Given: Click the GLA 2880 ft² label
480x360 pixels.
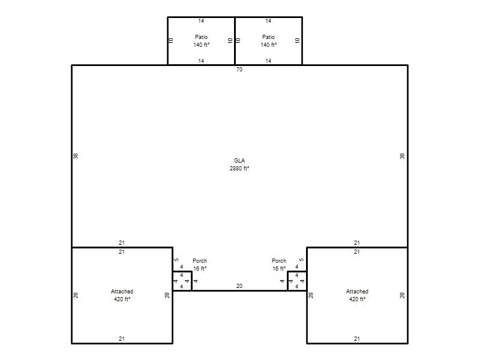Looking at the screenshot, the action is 239,164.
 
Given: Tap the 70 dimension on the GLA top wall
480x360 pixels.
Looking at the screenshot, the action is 239,70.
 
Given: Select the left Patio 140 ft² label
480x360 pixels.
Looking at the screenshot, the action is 201,41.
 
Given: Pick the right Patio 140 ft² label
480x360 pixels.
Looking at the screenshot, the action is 268,41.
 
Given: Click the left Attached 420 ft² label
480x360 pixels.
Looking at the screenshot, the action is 122,295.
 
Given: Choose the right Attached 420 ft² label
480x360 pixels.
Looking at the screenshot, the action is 357,295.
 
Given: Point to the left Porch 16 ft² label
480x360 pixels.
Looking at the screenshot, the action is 200,265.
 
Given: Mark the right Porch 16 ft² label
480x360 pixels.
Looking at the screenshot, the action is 279,265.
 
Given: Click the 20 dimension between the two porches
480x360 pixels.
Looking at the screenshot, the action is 239,286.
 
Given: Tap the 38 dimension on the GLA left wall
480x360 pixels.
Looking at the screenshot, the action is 76,156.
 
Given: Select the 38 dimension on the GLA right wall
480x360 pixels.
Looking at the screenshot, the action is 402,156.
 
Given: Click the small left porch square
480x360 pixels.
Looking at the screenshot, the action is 182,281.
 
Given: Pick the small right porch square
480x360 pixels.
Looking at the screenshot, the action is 297,281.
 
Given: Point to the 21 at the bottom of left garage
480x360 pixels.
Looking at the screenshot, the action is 122,339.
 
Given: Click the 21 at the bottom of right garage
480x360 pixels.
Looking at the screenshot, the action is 356,339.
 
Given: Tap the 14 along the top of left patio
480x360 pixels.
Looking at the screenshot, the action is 201,21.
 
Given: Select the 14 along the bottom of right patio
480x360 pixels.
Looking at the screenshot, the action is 268,61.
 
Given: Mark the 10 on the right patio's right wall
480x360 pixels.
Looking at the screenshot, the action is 297,40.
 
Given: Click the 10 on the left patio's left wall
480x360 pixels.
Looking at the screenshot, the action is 171,40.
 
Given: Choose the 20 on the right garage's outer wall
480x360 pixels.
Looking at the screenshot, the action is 402,295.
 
